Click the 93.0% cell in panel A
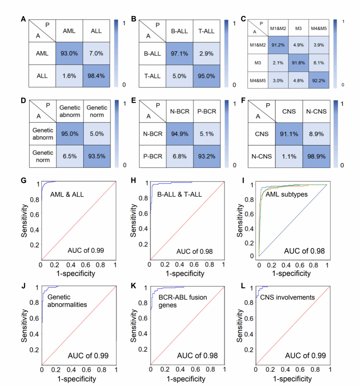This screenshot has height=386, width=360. pyautogui.click(x=69, y=53)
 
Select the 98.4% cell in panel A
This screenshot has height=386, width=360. pyautogui.click(x=96, y=76)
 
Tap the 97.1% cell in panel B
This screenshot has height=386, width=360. pyautogui.click(x=179, y=54)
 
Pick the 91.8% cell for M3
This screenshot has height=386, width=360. pyautogui.click(x=298, y=63)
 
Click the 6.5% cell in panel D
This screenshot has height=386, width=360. pyautogui.click(x=70, y=156)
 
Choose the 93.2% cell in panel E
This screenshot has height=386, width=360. pyautogui.click(x=207, y=156)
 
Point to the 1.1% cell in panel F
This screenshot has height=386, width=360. pyautogui.click(x=289, y=156)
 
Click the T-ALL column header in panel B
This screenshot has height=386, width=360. pyautogui.click(x=206, y=31)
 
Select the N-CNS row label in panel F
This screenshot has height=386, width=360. pyautogui.click(x=261, y=156)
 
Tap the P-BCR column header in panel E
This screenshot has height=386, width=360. pyautogui.click(x=207, y=111)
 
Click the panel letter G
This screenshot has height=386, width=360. pyautogui.click(x=23, y=181)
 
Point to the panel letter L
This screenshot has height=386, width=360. pyautogui.click(x=243, y=286)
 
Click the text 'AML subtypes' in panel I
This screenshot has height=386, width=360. pyautogui.click(x=286, y=194)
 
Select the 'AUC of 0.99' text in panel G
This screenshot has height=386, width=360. pyautogui.click(x=86, y=251)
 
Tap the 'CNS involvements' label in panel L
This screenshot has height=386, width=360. pyautogui.click(x=287, y=297)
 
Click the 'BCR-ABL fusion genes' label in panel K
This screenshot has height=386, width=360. pyautogui.click(x=183, y=301)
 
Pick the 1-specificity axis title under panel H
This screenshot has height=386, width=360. pyautogui.click(x=185, y=274)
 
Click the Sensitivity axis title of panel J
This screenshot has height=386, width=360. pyautogui.click(x=24, y=325)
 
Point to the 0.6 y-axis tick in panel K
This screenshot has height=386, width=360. pyautogui.click(x=143, y=318)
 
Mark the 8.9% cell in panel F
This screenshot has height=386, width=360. pyautogui.click(x=316, y=134)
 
